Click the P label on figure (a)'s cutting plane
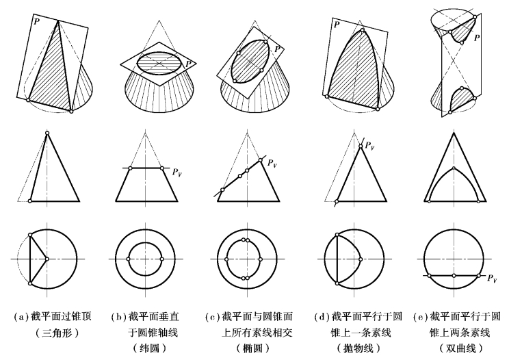[x=37, y=22]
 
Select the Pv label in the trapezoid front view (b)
[x=177, y=172]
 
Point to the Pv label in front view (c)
[x=272, y=164]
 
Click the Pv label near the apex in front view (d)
[x=369, y=145]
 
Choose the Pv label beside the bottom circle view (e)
[x=492, y=278]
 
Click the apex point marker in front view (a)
[x=47, y=133]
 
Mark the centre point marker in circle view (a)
[x=47, y=259]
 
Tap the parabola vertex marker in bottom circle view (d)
[x=361, y=259]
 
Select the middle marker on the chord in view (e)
[x=454, y=276]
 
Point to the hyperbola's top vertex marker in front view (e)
[x=454, y=168]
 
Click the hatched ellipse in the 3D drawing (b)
[x=159, y=63]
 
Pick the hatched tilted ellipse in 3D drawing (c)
[x=250, y=60]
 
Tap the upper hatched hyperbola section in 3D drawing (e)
[x=462, y=30]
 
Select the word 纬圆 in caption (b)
[x=149, y=348]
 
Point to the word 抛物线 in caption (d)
[x=358, y=348]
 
